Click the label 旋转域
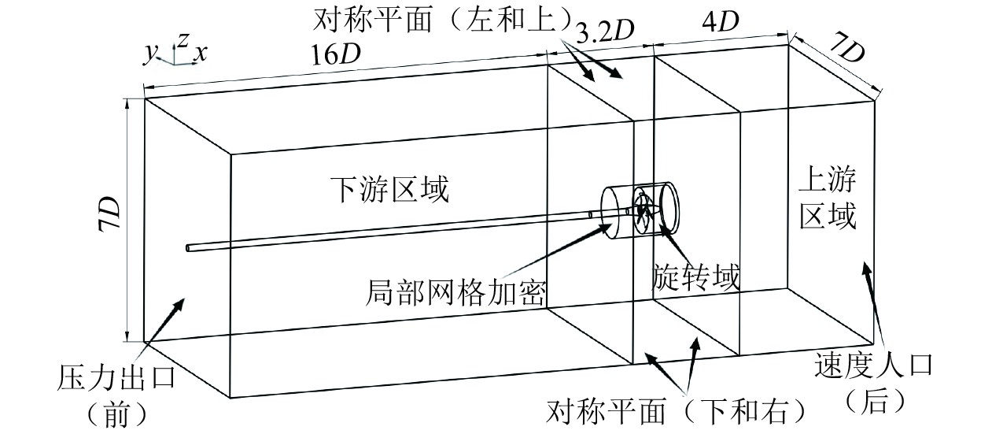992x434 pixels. coord(697,278)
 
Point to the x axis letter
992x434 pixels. coord(202,53)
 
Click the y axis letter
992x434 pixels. coord(149,53)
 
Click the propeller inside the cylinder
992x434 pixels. coord(644,210)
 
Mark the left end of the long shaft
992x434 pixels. coord(189,248)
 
